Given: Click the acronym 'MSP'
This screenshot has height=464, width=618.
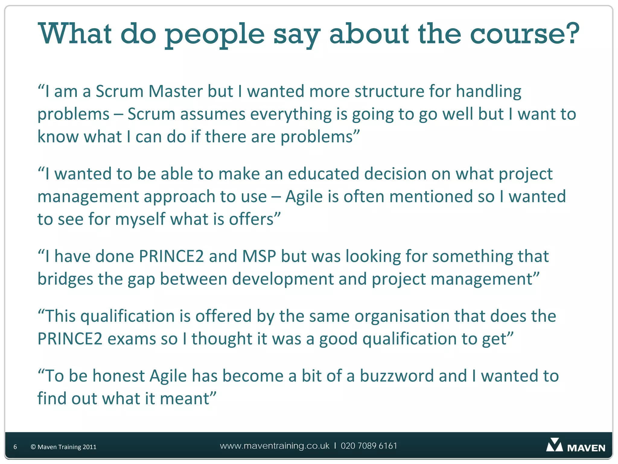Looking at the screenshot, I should [259, 256].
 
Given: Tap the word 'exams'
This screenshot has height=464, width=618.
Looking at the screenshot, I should [132, 339].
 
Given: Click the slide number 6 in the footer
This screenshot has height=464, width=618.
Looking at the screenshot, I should [15, 447].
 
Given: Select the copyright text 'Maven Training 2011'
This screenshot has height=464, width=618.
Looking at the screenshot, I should [67, 447].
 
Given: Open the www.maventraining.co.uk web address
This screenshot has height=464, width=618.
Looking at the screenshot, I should [275, 446].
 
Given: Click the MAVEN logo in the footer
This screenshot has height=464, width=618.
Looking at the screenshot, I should [575, 446].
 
